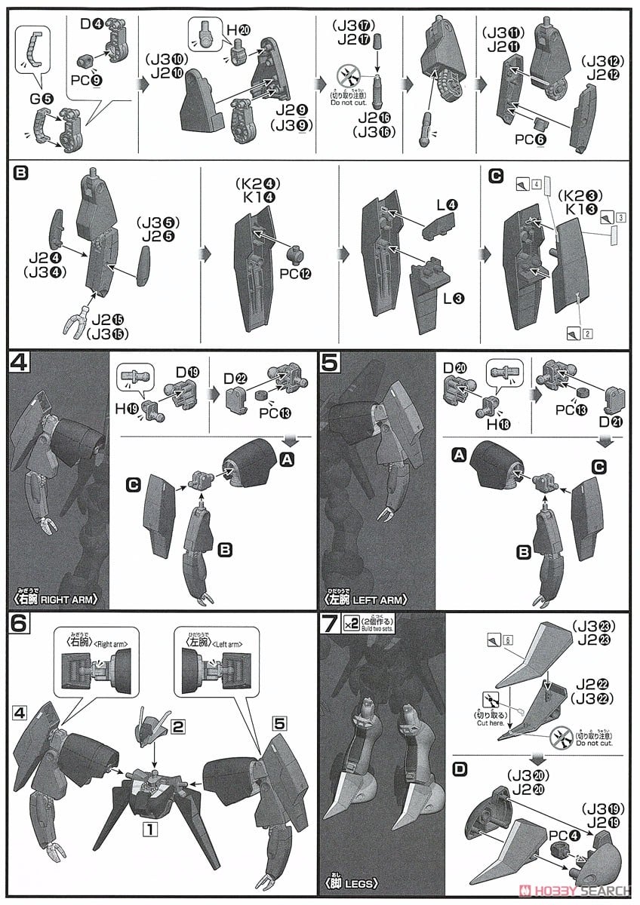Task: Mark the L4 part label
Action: [445, 204]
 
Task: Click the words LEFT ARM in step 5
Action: [381, 600]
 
